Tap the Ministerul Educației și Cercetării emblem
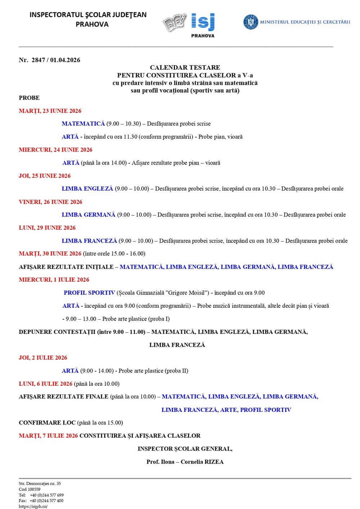click(x=251, y=22)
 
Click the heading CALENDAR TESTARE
click(x=185, y=67)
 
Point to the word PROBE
click(x=29, y=98)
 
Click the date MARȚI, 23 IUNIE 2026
click(x=50, y=111)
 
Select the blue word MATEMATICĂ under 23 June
click(x=83, y=124)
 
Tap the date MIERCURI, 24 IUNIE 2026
click(x=55, y=150)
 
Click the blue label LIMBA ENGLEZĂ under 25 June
click(x=87, y=189)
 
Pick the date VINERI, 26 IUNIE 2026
click(x=50, y=202)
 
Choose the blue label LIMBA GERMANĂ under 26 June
click(x=89, y=215)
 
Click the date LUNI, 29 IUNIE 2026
click(x=47, y=228)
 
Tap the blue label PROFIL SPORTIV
click(x=89, y=293)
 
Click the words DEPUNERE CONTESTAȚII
click(x=57, y=332)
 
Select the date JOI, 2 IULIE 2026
click(x=43, y=358)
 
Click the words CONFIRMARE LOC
click(x=47, y=423)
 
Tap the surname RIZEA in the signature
click(x=214, y=462)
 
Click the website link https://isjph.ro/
click(x=33, y=506)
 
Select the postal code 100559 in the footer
click(x=34, y=489)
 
